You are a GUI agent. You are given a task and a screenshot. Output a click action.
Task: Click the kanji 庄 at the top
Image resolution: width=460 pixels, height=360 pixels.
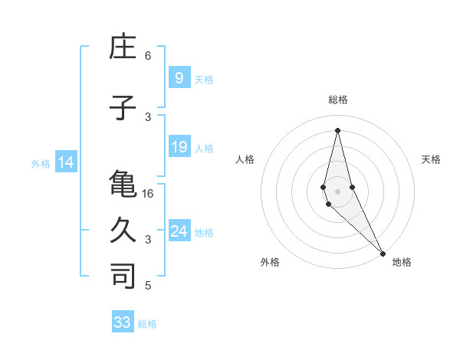pos(123,47)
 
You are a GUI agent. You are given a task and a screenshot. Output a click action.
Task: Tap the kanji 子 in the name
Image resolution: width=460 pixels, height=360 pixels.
pos(123,109)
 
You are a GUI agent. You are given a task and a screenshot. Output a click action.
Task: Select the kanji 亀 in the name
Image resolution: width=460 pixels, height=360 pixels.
pos(123,185)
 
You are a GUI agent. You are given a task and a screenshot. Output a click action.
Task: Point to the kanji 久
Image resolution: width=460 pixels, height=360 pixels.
pos(123,230)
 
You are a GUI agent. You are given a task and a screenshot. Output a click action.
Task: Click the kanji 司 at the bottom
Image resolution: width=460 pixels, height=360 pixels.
pos(123,276)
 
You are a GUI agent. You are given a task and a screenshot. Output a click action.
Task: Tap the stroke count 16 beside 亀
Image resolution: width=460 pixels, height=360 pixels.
pos(148,194)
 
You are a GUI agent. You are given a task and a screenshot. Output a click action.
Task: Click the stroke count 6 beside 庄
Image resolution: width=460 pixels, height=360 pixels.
pos(148,56)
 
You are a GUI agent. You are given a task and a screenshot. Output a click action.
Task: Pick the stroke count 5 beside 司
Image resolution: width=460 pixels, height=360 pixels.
pos(148,286)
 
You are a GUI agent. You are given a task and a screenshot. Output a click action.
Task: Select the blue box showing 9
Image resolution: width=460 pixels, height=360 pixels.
pos(179,77)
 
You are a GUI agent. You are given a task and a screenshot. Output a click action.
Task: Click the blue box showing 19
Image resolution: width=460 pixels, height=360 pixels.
pos(179,147)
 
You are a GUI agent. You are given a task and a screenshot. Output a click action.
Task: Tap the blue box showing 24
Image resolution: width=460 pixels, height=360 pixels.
pos(179,231)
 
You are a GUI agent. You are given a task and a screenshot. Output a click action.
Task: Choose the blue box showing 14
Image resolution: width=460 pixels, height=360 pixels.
pos(65,162)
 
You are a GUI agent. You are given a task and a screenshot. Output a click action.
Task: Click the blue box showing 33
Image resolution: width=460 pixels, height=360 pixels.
pos(123,322)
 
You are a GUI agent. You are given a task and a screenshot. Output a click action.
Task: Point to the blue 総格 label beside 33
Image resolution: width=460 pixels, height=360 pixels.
pos(148,324)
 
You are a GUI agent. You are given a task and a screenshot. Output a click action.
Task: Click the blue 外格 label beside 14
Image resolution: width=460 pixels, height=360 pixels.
pos(41,163)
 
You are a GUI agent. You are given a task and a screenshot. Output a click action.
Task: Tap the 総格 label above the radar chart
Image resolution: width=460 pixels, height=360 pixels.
pos(337,100)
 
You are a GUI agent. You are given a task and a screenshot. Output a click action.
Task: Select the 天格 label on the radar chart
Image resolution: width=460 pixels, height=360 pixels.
pos(432,159)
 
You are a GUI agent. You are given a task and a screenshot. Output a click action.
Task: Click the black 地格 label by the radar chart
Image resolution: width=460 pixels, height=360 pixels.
pos(402,262)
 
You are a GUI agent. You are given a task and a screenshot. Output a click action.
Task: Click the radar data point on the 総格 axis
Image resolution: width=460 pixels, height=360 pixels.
pos(337,130)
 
